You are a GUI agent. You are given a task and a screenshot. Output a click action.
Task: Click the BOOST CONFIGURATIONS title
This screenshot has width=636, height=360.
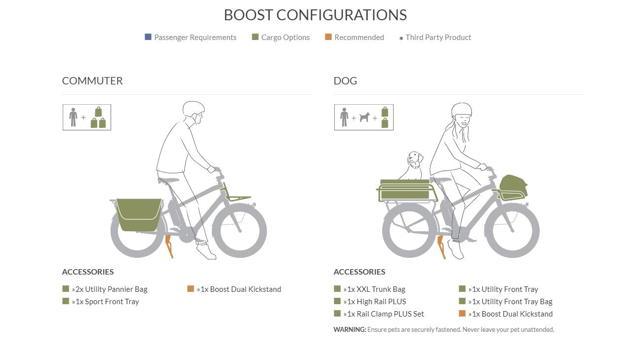pos(315,15)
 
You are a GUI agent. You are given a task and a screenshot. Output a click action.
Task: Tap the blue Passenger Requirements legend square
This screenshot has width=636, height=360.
pos(148,37)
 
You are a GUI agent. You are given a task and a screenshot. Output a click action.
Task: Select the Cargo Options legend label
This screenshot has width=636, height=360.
pos(285,37)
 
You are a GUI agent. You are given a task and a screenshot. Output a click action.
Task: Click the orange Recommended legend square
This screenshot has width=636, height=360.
pos(328,37)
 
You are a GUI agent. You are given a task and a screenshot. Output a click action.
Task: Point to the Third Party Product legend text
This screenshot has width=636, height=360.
pos(438,37)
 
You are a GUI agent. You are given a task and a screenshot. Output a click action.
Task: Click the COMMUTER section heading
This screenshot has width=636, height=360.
pos(92,81)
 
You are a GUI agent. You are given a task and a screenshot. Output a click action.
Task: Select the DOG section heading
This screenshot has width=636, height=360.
pos(345,81)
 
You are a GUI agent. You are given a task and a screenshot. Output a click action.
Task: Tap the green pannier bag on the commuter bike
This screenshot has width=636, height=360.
pos(139,215)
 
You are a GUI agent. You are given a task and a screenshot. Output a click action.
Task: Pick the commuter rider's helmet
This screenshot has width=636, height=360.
pos(194,109)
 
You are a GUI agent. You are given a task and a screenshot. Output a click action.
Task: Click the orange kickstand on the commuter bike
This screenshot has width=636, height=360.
pos(169,246)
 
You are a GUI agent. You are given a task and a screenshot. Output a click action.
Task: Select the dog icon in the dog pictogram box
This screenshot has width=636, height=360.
pos(364,117)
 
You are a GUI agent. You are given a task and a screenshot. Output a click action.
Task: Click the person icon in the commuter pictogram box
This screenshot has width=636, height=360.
pos(73,117)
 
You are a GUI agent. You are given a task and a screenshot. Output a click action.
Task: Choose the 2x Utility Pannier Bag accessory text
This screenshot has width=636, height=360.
pos(110,289)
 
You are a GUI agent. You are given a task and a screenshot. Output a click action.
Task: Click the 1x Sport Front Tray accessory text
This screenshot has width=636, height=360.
pos(105,302)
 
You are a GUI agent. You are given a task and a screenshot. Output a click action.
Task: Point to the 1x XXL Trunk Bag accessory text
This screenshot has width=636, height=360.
pos(374,289)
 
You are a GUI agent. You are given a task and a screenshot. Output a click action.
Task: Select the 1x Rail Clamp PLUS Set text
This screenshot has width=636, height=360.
pos(384,314)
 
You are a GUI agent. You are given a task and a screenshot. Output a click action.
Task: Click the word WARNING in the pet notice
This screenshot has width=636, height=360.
pos(350,329)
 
